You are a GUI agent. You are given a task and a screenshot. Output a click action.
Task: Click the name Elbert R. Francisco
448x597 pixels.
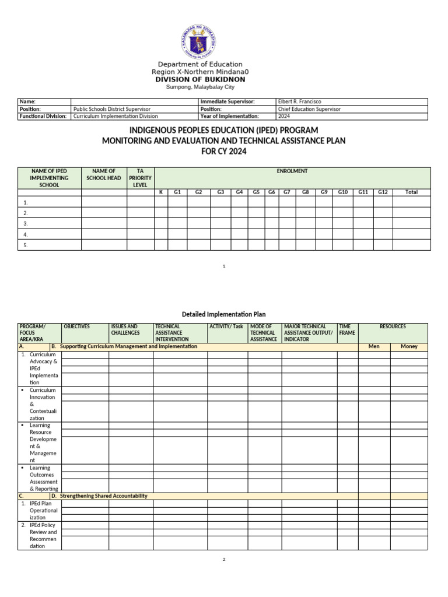point(300,101)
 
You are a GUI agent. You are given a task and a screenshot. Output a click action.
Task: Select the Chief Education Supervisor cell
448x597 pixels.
point(311,109)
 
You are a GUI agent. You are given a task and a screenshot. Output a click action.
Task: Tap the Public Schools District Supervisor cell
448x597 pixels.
point(111,109)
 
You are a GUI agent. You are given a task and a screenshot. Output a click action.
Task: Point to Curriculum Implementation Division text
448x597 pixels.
point(116,116)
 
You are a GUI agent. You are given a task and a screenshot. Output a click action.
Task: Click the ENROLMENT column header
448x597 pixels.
point(292,171)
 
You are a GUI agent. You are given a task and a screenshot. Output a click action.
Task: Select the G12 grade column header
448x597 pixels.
point(382,192)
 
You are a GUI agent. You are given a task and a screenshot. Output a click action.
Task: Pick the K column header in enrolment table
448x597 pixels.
point(161,192)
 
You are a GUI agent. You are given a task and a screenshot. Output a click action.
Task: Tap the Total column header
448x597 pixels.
point(411,192)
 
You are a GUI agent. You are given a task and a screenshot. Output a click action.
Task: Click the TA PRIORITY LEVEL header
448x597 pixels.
point(140,178)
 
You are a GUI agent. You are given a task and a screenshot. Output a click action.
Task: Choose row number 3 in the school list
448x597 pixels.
point(26,223)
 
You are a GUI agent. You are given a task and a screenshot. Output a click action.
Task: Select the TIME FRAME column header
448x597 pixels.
point(347,330)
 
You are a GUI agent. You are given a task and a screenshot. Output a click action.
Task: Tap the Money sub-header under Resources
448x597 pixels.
point(409,346)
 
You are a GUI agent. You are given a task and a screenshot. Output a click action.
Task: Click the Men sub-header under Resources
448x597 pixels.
point(374,346)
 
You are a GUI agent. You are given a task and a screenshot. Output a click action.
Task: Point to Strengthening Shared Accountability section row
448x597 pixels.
point(103,496)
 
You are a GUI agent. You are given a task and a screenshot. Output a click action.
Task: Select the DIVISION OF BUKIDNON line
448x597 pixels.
point(200,79)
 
